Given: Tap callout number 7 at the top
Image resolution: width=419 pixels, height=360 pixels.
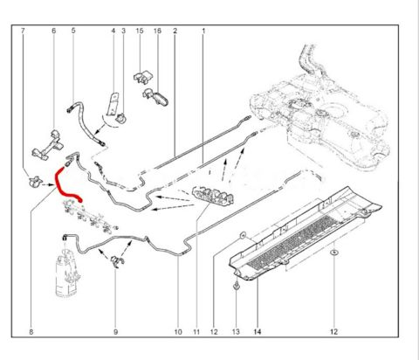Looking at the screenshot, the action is (23, 31).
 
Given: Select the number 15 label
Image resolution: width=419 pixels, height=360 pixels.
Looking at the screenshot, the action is (140, 31).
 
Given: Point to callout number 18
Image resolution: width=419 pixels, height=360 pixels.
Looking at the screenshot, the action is (157, 31).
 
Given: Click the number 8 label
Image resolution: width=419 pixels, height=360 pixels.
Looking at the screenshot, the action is (31, 331).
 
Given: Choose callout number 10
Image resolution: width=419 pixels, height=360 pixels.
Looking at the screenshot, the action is (178, 331).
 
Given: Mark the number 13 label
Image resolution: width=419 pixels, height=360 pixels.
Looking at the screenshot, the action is (236, 331).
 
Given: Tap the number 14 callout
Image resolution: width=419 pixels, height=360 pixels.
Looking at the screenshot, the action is (258, 331).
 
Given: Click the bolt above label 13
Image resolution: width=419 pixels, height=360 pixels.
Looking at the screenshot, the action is (237, 286).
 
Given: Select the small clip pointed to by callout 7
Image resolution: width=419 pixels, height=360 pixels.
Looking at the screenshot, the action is (34, 182).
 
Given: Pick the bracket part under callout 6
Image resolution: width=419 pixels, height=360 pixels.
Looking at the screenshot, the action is (48, 145).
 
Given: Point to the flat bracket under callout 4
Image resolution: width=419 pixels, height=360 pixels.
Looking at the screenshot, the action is (113, 104).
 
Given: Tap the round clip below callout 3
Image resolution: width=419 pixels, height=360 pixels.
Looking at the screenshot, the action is (120, 119).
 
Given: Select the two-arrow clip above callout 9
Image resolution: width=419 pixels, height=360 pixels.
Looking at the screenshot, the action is (118, 260).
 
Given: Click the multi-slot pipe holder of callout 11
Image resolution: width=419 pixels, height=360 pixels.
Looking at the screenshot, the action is (213, 196).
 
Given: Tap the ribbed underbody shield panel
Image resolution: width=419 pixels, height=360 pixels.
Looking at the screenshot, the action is (305, 233).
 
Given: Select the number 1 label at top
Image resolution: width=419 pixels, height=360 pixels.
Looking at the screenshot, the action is (203, 31).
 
